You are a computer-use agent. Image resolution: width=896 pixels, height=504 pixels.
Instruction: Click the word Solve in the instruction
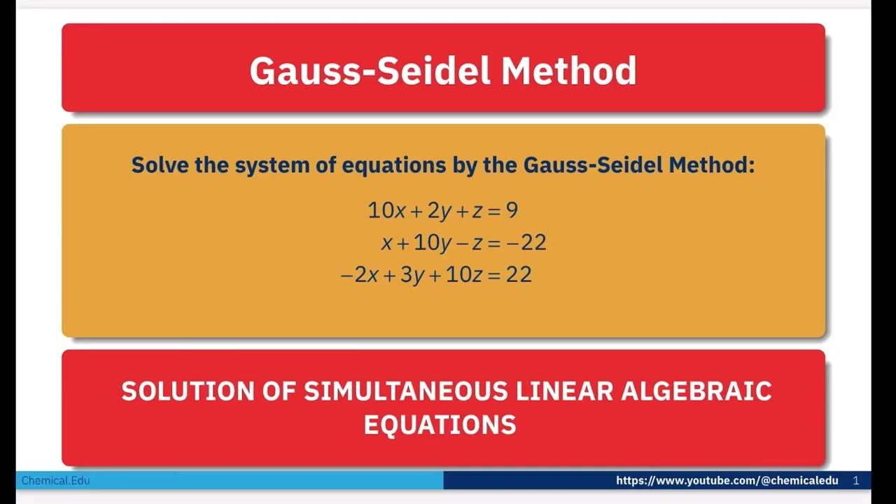157,165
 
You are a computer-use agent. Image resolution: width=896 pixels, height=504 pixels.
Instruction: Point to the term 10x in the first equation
386,210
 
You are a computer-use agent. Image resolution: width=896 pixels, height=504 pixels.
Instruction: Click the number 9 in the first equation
512,210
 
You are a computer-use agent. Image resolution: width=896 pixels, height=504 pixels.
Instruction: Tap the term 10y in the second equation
433,243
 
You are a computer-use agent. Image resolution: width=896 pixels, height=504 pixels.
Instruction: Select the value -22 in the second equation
526,243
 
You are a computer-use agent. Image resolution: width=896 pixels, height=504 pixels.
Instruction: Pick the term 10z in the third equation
463,274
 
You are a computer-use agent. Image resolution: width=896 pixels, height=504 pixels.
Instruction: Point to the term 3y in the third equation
412,274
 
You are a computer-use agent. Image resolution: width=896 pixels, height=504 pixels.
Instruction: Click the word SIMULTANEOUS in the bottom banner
405,391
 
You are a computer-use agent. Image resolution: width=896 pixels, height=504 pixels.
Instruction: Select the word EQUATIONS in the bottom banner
440,424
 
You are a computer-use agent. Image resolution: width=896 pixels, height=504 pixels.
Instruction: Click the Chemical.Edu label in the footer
56,481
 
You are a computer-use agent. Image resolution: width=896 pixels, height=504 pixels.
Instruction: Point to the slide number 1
856,481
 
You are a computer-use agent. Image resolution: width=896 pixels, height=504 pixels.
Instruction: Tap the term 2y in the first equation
438,210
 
